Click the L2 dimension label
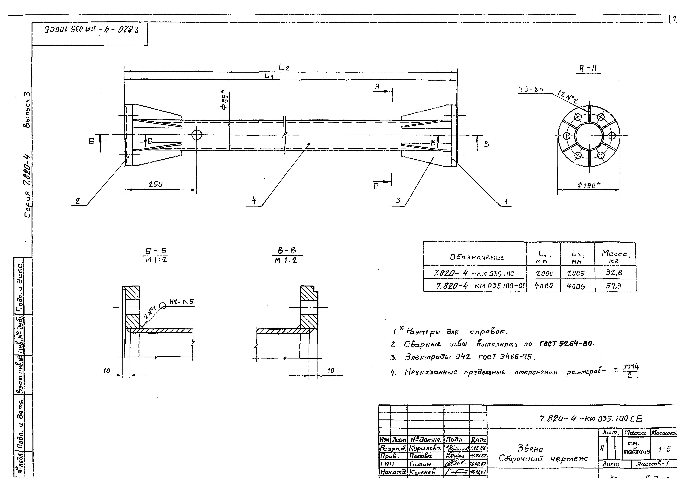click(x=284, y=67)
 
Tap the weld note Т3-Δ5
click(x=531, y=89)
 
